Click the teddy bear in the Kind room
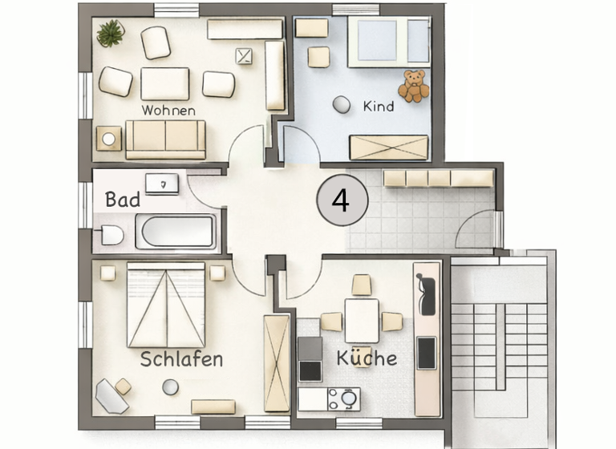[414, 86]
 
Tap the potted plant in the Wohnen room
[110, 33]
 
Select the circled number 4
[341, 200]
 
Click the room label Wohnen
[168, 110]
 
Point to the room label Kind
[379, 105]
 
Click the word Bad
[123, 200]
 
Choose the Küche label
[367, 357]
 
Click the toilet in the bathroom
[110, 234]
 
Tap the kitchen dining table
[362, 319]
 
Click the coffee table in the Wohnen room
[165, 83]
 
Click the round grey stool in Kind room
[342, 104]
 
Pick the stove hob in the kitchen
[310, 358]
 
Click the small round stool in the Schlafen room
[169, 386]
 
